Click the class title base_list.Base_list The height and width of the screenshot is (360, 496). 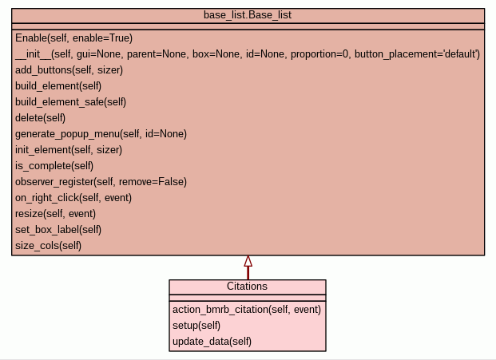coord(248,15)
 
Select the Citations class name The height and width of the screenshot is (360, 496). coord(248,287)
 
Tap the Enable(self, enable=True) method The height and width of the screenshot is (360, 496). coord(73,38)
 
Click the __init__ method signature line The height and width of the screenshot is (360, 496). coord(248,54)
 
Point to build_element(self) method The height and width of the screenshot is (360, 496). coord(58,86)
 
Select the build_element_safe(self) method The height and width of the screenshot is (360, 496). coord(70,102)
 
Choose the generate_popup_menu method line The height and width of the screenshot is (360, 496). coord(101,134)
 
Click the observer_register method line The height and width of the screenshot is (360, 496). coord(101,182)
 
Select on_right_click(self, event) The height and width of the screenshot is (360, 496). coord(73,198)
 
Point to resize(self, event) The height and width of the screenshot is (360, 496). coord(55,214)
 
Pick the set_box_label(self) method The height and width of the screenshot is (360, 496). coord(58,230)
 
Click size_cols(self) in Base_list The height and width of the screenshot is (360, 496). coord(48,246)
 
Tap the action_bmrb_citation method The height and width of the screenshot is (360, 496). coord(246,310)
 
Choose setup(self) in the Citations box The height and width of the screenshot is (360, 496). coord(196,326)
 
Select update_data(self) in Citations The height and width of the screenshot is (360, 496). coord(212,342)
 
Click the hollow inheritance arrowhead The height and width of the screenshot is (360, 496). coord(248,261)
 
